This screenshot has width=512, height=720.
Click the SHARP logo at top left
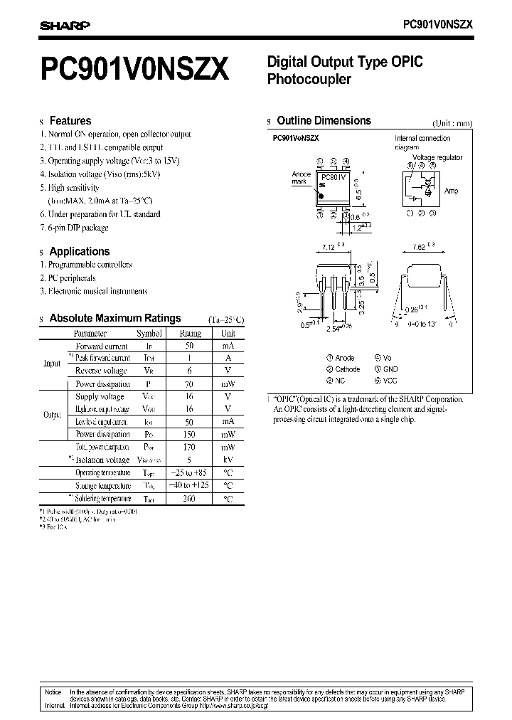coord(64,26)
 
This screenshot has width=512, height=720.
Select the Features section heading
coord(70,121)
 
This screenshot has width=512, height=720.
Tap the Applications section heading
coord(79,251)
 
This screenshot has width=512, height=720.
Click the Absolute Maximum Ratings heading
coord(114,318)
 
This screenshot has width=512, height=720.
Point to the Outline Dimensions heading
coord(323,121)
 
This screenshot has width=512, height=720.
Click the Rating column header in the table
coord(190,333)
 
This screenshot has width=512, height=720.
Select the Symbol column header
coord(149,333)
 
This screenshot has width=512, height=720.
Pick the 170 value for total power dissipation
coord(190,447)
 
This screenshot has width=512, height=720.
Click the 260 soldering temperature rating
coord(190,499)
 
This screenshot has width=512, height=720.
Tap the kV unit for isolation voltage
coord(228,460)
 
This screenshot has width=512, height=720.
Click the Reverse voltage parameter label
coord(101,371)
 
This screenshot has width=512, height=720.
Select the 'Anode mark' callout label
coord(300,177)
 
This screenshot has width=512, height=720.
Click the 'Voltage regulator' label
coord(437,157)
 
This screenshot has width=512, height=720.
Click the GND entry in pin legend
coord(390,369)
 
